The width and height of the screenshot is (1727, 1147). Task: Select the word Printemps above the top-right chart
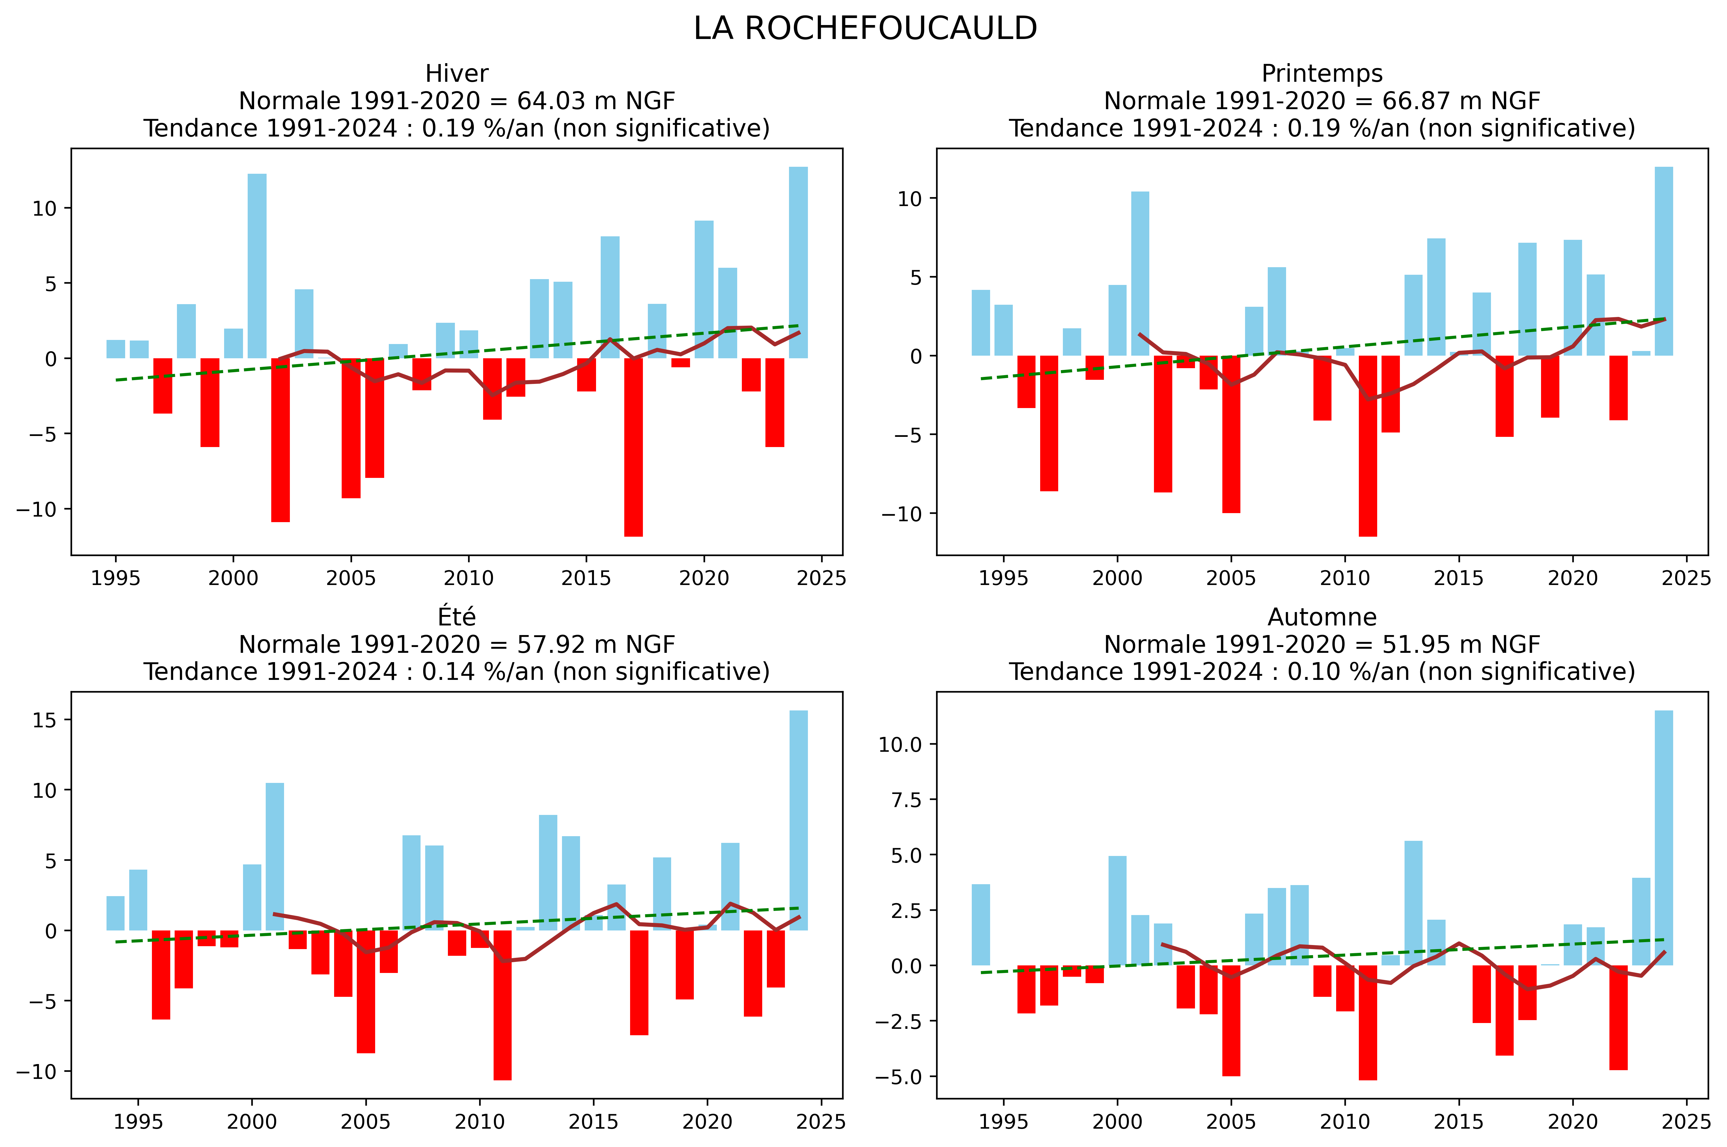[x=1322, y=74]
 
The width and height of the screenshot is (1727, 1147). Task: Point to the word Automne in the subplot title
[x=1322, y=617]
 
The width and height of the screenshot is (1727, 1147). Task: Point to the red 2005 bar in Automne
[x=1231, y=1020]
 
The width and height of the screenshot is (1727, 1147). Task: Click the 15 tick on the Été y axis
[x=44, y=720]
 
